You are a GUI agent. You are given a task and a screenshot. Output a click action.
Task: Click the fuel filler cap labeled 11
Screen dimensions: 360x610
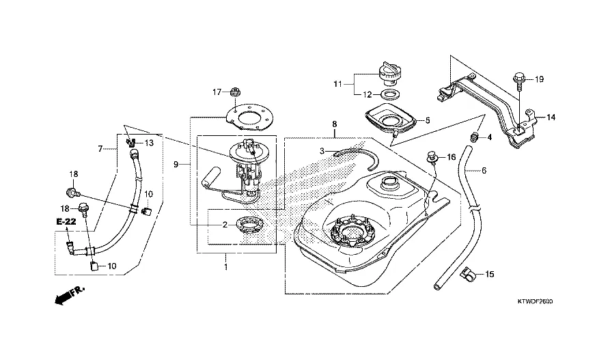click(x=388, y=70)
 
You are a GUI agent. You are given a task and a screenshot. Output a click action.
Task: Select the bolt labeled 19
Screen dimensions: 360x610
click(x=518, y=80)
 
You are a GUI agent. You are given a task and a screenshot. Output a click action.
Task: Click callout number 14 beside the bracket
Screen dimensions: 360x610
click(x=551, y=117)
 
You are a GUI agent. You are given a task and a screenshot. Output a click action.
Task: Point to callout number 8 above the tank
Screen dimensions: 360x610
click(x=334, y=125)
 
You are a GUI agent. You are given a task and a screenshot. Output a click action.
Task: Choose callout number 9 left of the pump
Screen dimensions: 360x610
click(x=176, y=165)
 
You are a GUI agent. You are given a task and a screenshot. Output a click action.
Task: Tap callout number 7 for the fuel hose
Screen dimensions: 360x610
click(x=100, y=148)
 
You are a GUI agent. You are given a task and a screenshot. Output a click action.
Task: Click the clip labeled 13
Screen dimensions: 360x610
click(x=131, y=143)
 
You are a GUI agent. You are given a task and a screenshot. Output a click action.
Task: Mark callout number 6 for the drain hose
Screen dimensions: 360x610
click(x=484, y=170)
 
